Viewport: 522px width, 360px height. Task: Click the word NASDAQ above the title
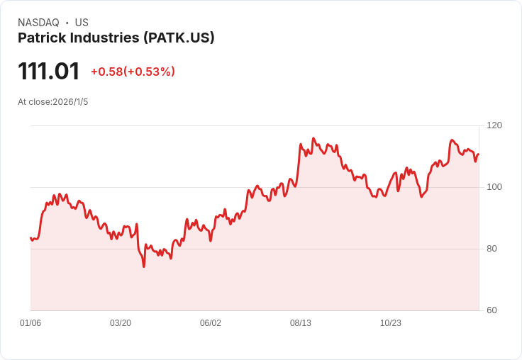[38, 23]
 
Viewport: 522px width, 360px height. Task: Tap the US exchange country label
[82, 23]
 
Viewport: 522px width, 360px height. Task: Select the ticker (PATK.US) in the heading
[179, 38]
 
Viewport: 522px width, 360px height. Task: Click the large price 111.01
[49, 71]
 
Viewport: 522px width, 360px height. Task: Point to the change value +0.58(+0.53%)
[133, 72]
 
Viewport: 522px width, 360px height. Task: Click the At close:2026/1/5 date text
[53, 102]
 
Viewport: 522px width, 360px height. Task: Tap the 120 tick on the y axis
[494, 125]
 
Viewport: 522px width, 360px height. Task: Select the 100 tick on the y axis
[494, 187]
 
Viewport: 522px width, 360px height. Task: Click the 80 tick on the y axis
[492, 249]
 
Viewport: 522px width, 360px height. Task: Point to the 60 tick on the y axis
[492, 310]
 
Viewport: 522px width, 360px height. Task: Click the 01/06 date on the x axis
[30, 323]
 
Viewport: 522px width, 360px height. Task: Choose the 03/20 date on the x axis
[121, 323]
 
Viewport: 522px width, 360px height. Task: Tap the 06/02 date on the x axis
[211, 323]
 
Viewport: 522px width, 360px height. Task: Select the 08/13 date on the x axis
[301, 323]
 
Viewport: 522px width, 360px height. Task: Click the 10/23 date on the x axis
[391, 323]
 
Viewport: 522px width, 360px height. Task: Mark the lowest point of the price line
[144, 266]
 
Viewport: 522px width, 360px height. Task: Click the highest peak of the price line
[313, 138]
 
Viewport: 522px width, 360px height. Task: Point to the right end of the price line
[479, 154]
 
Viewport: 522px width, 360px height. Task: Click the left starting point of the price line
[30, 238]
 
